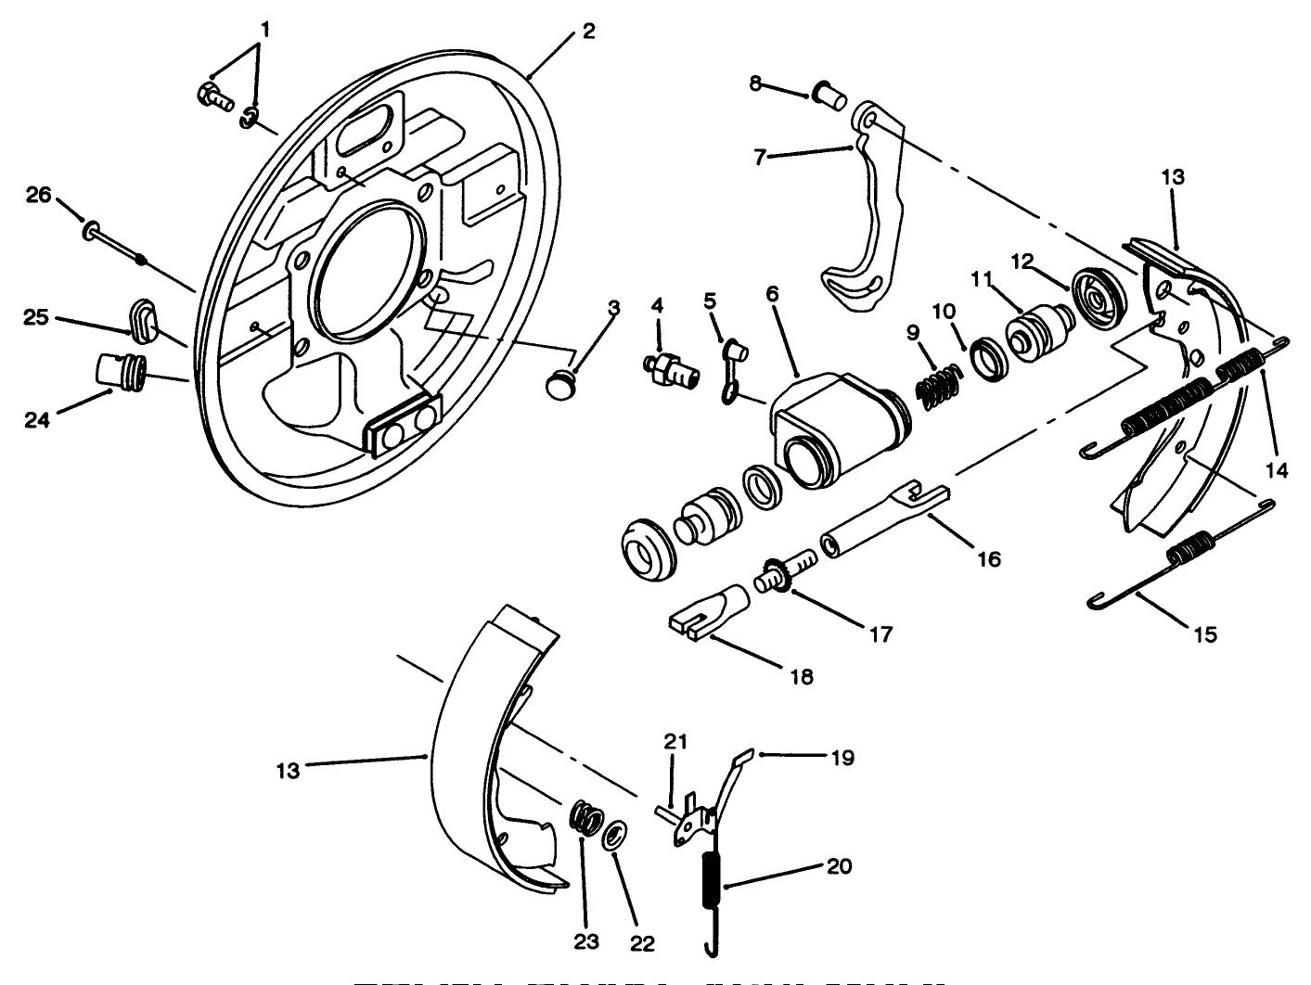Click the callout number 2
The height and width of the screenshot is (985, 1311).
[x=588, y=30]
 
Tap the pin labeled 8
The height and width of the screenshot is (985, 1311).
[x=827, y=92]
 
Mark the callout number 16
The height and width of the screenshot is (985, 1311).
[x=988, y=558]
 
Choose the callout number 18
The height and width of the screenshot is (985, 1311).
[x=801, y=677]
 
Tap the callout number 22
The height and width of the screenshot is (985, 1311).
[x=642, y=944]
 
